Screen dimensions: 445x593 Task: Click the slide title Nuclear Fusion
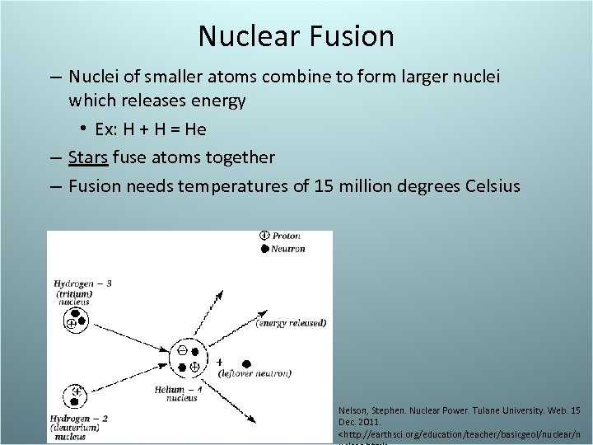[296, 36]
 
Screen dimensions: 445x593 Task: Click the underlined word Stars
[88, 157]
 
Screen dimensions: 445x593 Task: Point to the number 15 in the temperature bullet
[324, 185]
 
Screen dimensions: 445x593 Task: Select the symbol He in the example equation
[196, 129]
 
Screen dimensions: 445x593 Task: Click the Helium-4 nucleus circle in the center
[189, 357]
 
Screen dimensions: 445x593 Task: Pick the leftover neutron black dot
[245, 363]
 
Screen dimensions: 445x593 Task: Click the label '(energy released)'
[291, 322]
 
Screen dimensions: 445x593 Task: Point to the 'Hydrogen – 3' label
[82, 284]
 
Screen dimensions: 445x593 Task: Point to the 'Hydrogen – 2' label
[82, 419]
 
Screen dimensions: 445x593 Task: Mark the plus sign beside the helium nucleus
[220, 362]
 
